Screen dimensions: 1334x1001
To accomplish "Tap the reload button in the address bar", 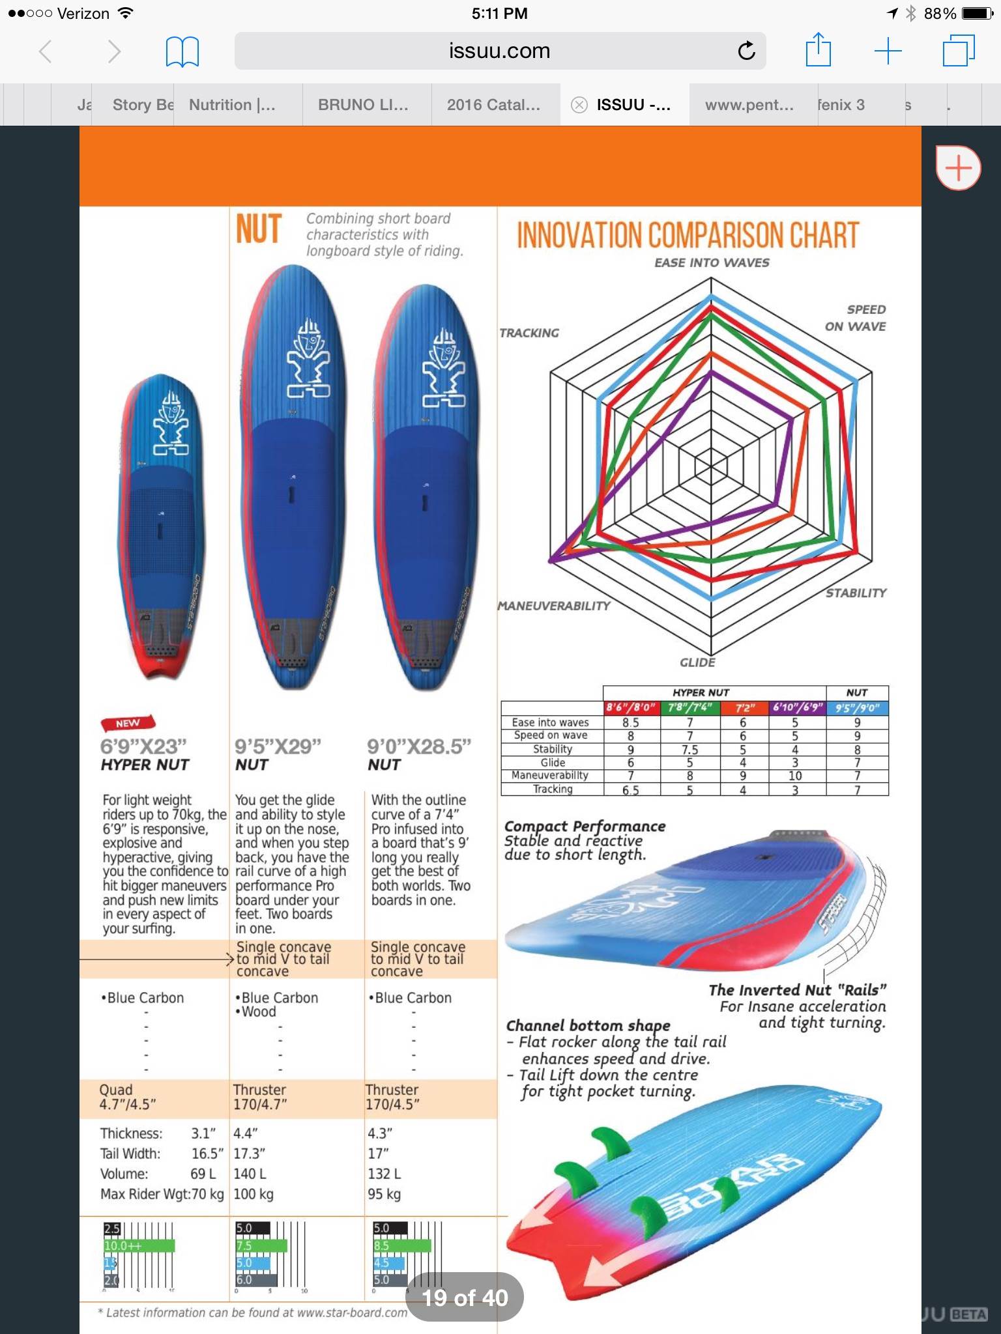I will (x=746, y=50).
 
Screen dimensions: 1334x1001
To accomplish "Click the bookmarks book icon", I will (x=182, y=51).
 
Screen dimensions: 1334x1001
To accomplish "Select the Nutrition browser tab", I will (x=232, y=105).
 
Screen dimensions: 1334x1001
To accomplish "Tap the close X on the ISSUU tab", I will (x=579, y=105).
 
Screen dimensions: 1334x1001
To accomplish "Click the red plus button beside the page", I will (x=958, y=168).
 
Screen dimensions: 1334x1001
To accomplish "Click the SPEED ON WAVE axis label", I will (x=856, y=318).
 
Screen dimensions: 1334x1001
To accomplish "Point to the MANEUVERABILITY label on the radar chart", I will (x=554, y=606).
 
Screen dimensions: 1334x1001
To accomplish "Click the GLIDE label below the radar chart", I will (x=697, y=662).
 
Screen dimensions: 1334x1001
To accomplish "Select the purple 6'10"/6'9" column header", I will (x=798, y=707).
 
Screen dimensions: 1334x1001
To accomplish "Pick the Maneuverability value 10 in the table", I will (x=795, y=776).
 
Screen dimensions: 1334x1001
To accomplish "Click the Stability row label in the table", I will (x=552, y=749).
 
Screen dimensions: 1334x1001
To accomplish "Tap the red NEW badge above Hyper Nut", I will (x=128, y=723).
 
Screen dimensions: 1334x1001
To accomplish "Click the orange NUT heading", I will (x=259, y=230).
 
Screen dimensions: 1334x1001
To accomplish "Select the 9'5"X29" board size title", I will (x=278, y=746).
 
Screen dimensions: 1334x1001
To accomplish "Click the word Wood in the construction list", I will (x=259, y=1012).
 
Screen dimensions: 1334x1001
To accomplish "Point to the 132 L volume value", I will (x=384, y=1174).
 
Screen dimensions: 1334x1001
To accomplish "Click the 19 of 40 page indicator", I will (x=465, y=1298).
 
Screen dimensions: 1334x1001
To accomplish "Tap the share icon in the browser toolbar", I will (x=818, y=50).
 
